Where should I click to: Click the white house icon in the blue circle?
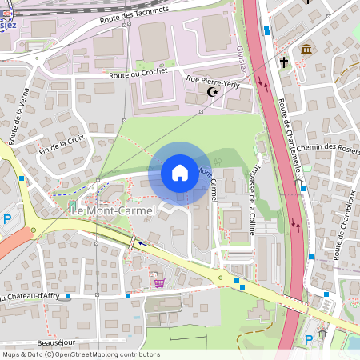point(180,172)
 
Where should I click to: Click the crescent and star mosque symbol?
point(214,93)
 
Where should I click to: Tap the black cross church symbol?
point(284,62)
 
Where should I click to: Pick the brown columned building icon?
point(306,51)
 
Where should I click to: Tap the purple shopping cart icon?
point(160,282)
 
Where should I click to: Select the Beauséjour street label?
point(56,342)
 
